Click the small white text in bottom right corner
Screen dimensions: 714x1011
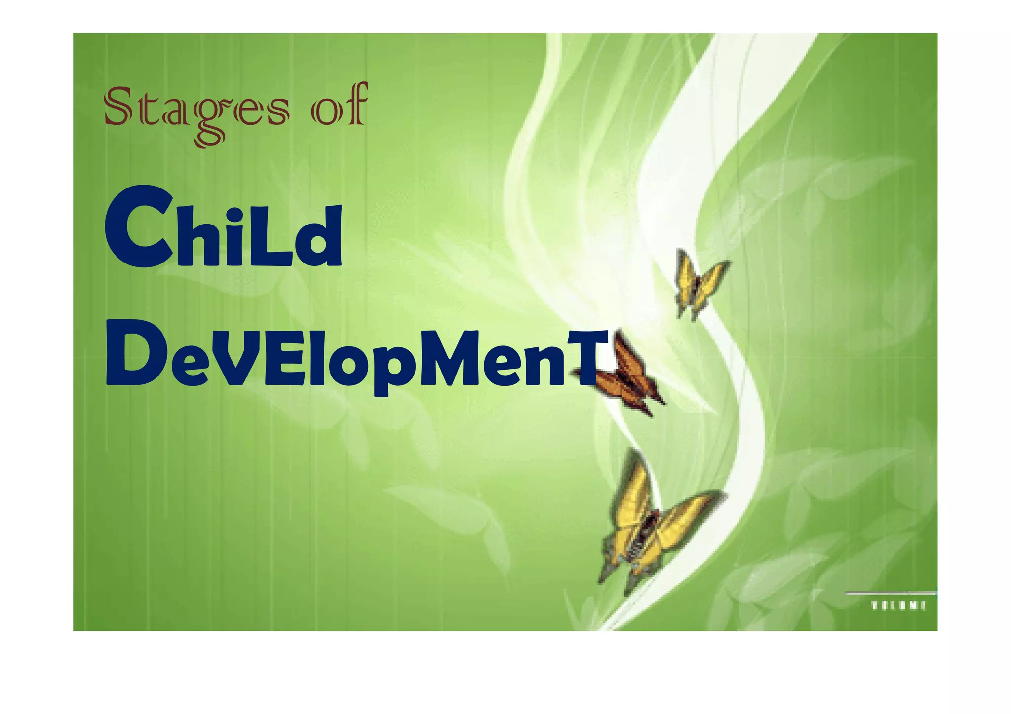point(897,605)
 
